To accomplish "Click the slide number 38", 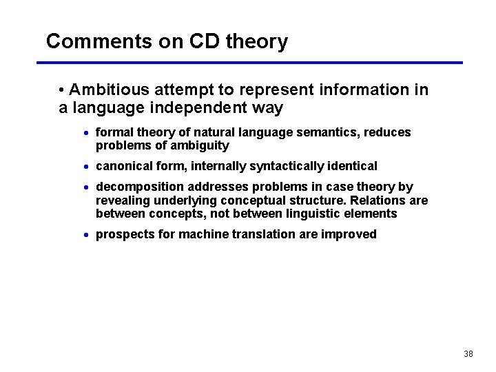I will coord(468,354).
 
